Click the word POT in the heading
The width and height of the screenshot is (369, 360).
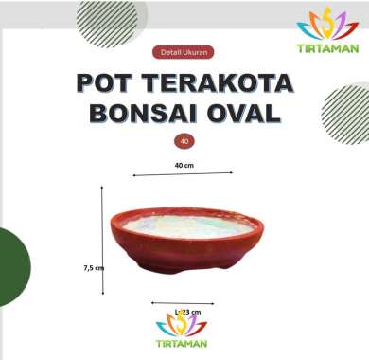111,82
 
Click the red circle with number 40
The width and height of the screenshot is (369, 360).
184,140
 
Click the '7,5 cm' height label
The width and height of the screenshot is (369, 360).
93,268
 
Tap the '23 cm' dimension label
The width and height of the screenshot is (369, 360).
189,311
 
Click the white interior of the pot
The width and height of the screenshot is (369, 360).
189,225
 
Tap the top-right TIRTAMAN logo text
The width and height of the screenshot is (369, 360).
327,47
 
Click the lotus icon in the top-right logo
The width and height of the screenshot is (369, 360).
327,24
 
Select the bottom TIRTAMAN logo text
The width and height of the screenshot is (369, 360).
182,344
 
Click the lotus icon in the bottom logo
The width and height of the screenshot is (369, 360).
182,325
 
